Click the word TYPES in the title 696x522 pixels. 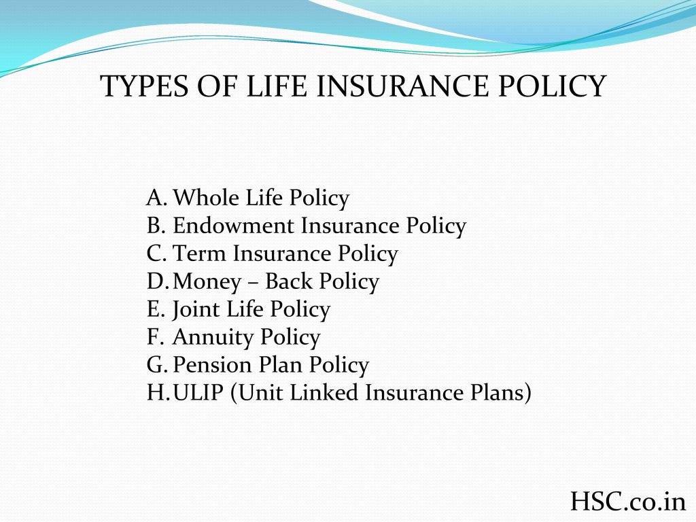145,86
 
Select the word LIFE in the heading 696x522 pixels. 276,86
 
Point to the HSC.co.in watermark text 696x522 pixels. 628,501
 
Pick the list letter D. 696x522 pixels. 157,281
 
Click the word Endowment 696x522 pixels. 233,226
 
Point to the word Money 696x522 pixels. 207,282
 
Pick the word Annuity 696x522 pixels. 213,338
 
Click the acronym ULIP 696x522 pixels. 198,392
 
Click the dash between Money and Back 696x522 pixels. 253,283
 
